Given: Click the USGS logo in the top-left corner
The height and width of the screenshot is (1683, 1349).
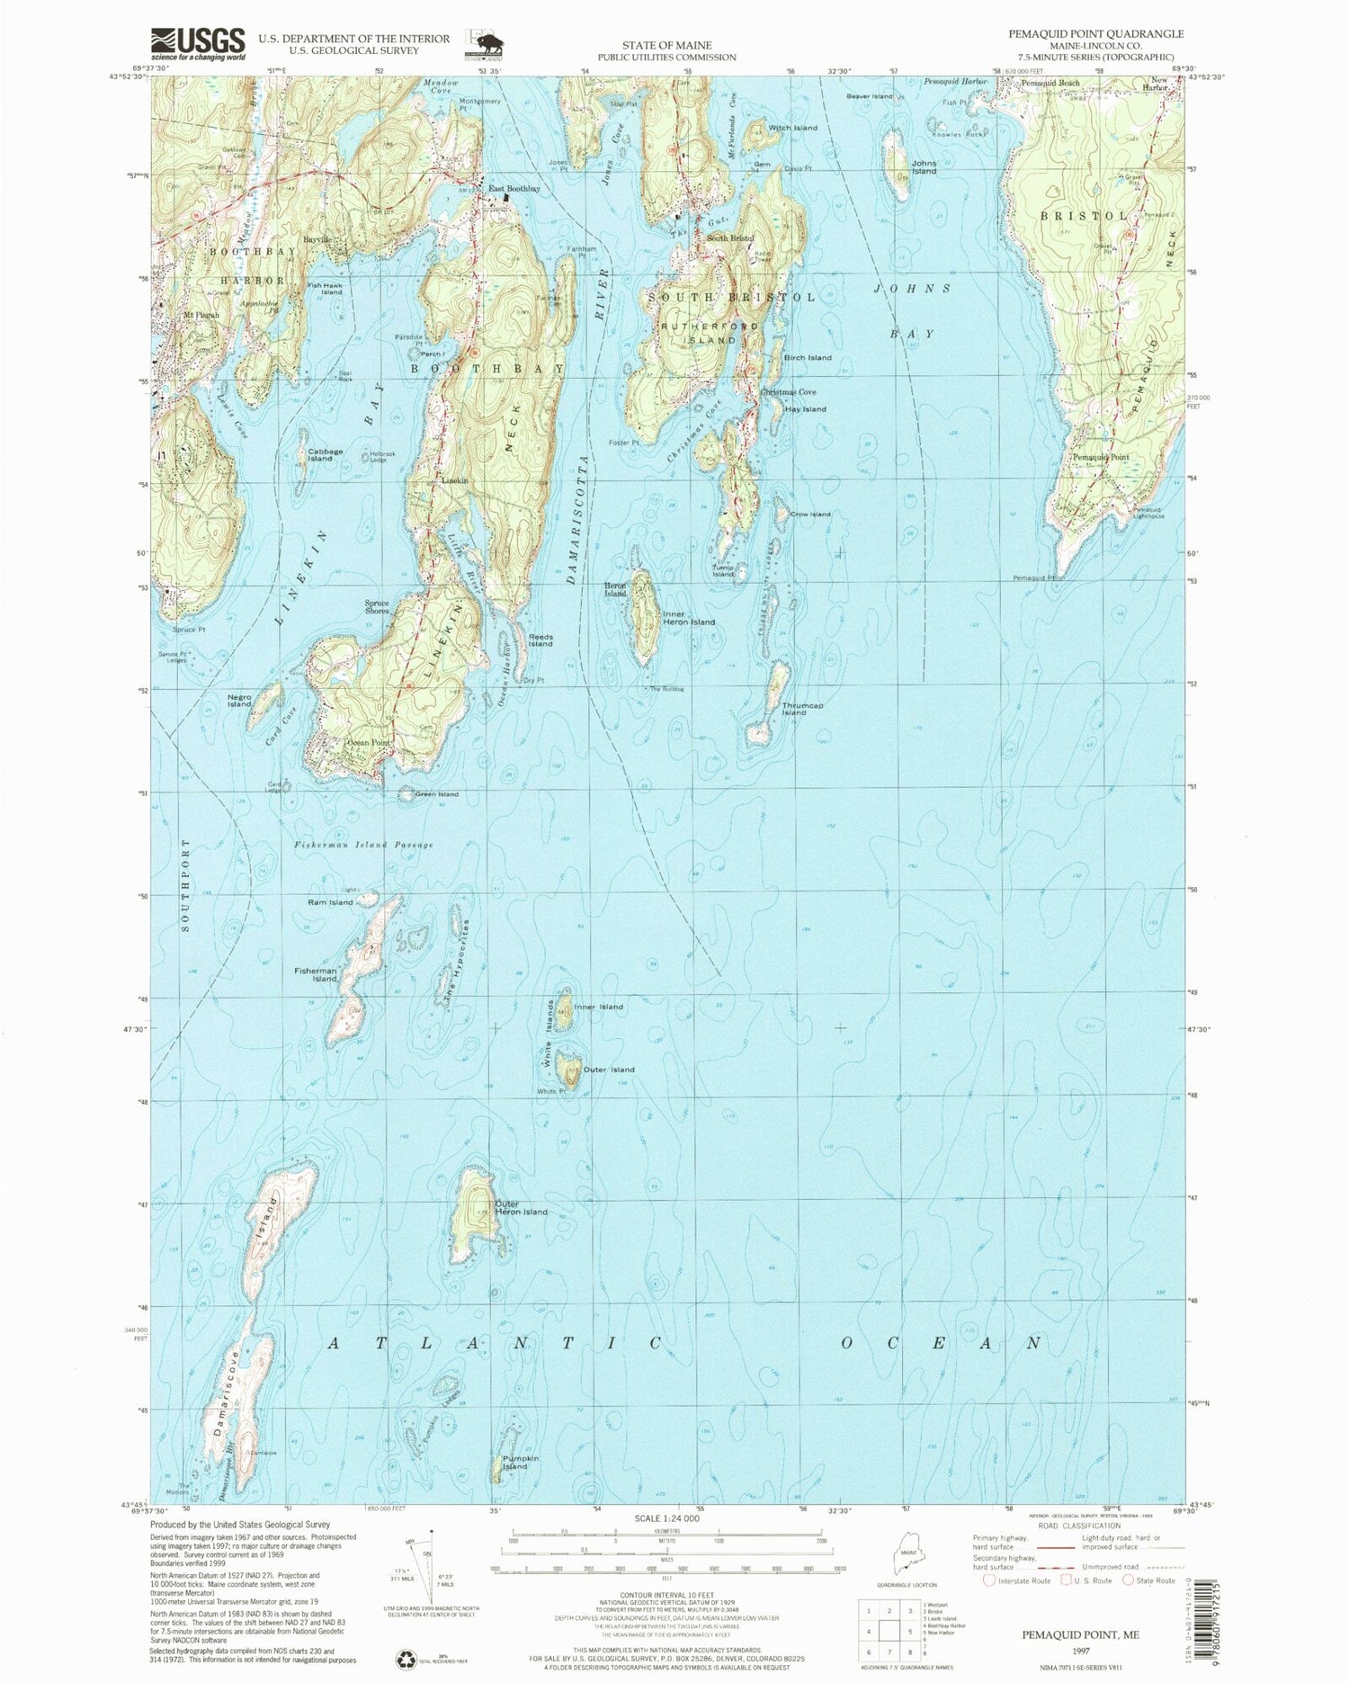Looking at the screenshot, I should pos(198,43).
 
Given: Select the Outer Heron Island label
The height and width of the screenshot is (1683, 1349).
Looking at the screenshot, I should pos(521,1207).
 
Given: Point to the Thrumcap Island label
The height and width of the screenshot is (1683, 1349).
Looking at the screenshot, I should pos(802,709).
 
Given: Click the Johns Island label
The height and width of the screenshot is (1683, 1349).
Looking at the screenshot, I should pos(925,166).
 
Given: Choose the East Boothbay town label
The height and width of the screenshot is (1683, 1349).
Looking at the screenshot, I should pos(514,189).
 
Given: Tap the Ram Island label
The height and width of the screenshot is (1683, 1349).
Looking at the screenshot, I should pos(330,902).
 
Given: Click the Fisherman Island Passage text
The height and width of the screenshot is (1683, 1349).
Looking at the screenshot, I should pos(363,846).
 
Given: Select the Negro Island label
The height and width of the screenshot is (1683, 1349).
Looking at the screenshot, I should pos(239,700).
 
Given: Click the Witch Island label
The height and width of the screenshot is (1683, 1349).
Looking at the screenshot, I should pos(792,128).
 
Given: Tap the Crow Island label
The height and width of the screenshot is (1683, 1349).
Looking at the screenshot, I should pos(810,514).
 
